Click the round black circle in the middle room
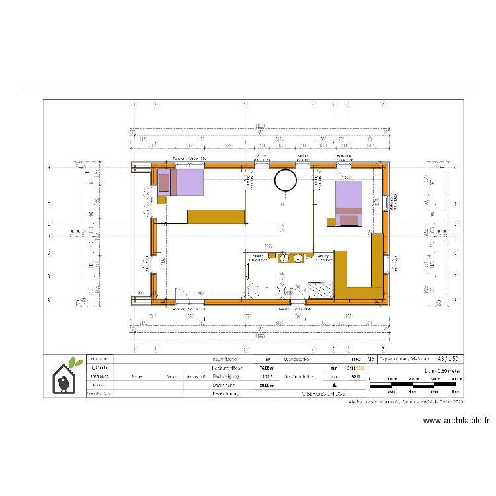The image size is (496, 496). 286,179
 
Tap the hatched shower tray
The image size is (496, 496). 321,290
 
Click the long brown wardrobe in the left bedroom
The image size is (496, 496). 216,216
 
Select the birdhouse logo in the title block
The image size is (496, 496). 65,377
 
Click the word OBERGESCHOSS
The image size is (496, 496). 319,393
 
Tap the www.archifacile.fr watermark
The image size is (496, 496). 456,420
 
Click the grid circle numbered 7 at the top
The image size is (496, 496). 383,104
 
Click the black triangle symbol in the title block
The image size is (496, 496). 334,384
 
